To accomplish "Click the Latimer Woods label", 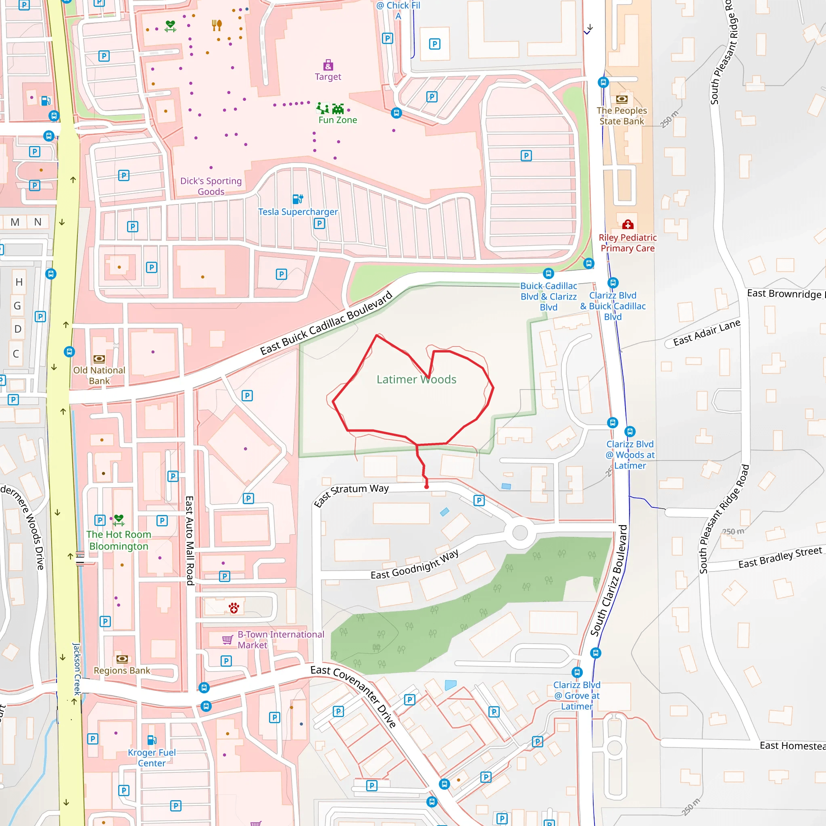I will click(416, 379).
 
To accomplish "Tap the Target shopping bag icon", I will click(328, 65).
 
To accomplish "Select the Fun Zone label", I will click(337, 120).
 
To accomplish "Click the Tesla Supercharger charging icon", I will click(298, 199).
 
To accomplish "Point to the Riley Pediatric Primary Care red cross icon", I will click(627, 225).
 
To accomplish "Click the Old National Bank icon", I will click(99, 359).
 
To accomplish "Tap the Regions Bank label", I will click(122, 670).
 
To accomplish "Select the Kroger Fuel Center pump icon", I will click(151, 740).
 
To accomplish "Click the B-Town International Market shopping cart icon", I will click(227, 640).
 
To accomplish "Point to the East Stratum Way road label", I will click(351, 494).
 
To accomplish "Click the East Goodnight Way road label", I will click(415, 564).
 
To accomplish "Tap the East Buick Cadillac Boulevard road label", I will click(326, 323).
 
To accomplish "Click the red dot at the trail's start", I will click(426, 486).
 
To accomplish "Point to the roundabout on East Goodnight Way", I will click(520, 533).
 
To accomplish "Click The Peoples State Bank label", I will click(622, 116).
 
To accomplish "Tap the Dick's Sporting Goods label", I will click(211, 186).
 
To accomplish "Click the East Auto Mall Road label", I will click(190, 540).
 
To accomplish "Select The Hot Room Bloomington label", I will click(119, 540).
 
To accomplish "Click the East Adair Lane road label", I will click(706, 332).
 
